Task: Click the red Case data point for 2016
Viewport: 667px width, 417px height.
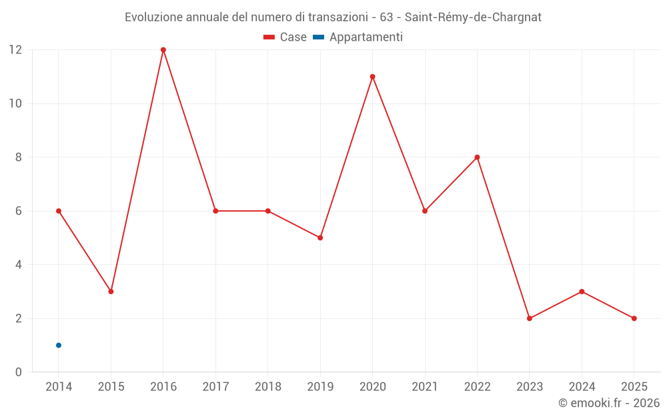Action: pyautogui.click(x=163, y=50)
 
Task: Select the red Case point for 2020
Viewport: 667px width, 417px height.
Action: pyautogui.click(x=372, y=77)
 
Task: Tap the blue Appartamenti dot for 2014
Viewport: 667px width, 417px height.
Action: pyautogui.click(x=59, y=345)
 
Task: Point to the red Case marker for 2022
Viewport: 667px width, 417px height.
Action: pyautogui.click(x=477, y=157)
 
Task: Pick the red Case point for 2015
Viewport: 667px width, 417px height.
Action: pyautogui.click(x=111, y=292)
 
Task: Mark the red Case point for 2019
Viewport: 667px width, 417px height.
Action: pyautogui.click(x=320, y=238)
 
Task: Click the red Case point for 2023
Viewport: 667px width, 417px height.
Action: pyautogui.click(x=530, y=318)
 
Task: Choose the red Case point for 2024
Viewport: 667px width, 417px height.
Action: pyautogui.click(x=582, y=292)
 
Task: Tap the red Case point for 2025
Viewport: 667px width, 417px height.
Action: pyautogui.click(x=634, y=318)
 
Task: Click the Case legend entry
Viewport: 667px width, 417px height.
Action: pyautogui.click(x=285, y=37)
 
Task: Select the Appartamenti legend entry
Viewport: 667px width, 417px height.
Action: pyautogui.click(x=358, y=37)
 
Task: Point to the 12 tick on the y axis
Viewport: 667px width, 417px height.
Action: pyautogui.click(x=15, y=50)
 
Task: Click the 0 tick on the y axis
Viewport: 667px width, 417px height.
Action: pyautogui.click(x=19, y=372)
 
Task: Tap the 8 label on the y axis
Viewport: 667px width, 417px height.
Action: pyautogui.click(x=19, y=157)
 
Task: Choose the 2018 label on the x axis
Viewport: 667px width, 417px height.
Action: pyautogui.click(x=267, y=387)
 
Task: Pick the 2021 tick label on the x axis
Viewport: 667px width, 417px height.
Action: pyautogui.click(x=425, y=387)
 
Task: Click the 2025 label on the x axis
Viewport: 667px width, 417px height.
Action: pyautogui.click(x=634, y=387)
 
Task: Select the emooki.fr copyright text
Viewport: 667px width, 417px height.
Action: pyautogui.click(x=609, y=403)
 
